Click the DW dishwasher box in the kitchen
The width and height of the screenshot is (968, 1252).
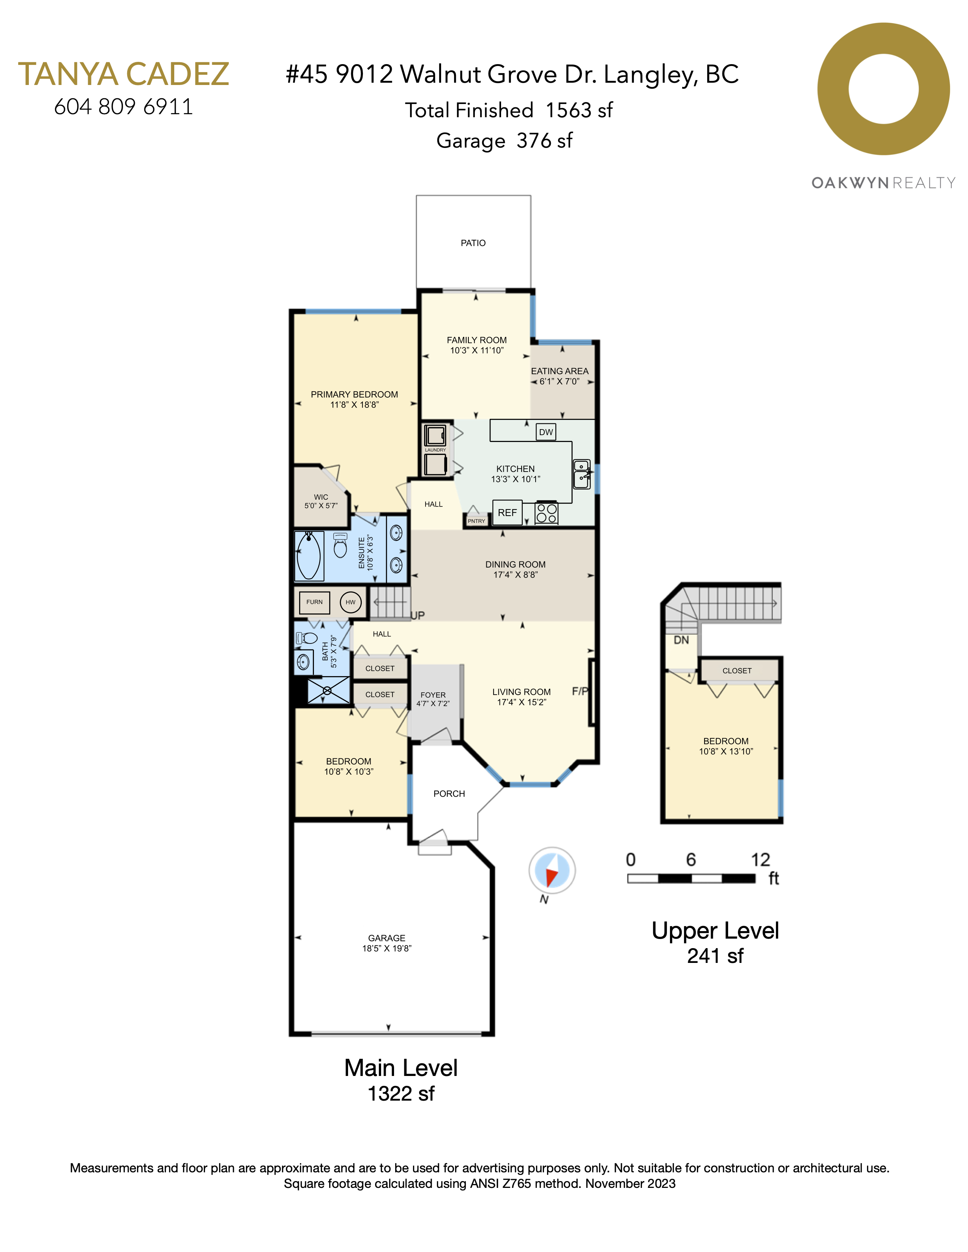click(x=546, y=432)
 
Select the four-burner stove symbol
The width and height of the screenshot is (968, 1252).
click(x=547, y=513)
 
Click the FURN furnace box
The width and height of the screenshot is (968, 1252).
click(x=314, y=602)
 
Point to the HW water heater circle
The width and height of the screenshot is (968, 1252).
click(x=350, y=602)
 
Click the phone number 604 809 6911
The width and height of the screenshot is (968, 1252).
click(x=123, y=107)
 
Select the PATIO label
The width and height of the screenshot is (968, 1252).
click(x=473, y=243)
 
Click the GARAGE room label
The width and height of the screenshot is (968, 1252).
click(x=386, y=938)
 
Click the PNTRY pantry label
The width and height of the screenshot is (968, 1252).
click(x=476, y=521)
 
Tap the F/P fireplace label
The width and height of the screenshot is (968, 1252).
click(x=580, y=691)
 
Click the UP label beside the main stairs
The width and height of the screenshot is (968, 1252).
click(x=418, y=615)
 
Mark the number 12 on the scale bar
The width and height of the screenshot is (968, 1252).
click(x=760, y=859)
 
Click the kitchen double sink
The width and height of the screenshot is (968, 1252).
click(x=582, y=474)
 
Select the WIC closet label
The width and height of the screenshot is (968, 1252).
click(x=321, y=497)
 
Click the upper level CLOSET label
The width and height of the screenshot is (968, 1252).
click(x=737, y=671)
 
